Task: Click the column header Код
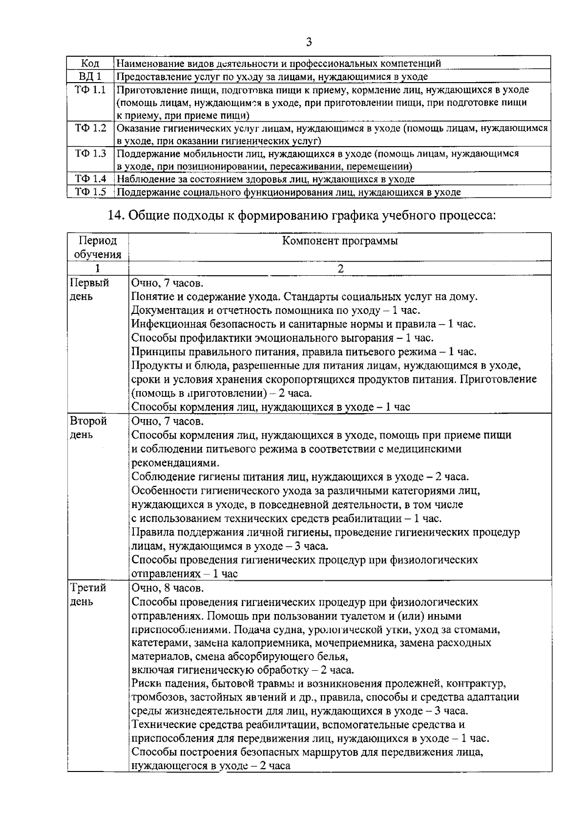90,64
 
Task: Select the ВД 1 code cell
90,77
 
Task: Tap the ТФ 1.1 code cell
90,90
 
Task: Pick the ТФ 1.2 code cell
90,128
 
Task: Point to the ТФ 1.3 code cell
90,154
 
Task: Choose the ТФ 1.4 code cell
90,179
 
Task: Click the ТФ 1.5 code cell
90,192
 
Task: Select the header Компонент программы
340,241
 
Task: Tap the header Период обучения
98,247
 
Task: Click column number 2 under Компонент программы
340,268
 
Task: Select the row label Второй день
88,428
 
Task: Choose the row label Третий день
88,595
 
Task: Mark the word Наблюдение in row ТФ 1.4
142,179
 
